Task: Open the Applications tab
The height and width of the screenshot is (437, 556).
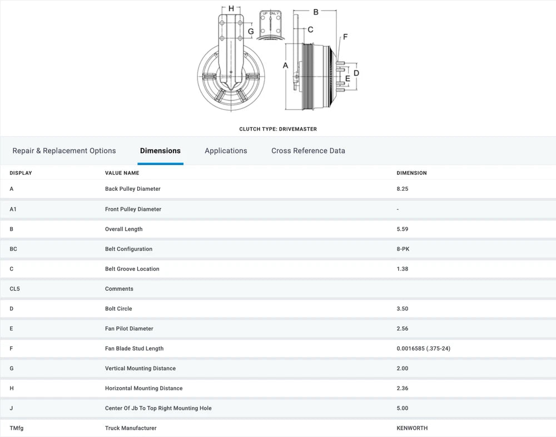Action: coord(226,151)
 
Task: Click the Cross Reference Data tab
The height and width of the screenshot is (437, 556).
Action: coord(308,151)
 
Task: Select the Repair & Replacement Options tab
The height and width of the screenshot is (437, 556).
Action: coord(64,151)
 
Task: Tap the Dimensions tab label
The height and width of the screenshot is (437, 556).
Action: coord(160,151)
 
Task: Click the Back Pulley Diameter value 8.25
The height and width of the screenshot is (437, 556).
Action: coord(403,188)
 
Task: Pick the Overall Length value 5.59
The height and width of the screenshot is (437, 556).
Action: coord(403,229)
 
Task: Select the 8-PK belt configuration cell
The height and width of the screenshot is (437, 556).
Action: coord(403,249)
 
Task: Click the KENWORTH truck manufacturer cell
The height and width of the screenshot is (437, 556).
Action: coord(412,428)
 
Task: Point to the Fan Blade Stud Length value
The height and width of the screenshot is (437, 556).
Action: coord(423,349)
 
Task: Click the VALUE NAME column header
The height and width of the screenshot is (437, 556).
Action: coord(122,173)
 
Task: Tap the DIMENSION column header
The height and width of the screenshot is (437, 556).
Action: coord(411,173)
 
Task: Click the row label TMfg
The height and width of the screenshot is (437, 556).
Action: coord(17,428)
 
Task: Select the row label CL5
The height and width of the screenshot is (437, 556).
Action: coord(14,289)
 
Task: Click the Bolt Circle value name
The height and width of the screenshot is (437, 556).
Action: coord(118,309)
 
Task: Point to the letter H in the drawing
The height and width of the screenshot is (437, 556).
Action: coord(231,8)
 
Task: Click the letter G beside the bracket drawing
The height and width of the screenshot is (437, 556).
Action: coord(251,32)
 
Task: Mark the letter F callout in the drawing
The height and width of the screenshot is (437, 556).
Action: coord(345,37)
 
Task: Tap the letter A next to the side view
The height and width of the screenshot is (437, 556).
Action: coord(285,66)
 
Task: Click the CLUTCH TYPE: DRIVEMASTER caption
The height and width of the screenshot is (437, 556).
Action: coord(278,129)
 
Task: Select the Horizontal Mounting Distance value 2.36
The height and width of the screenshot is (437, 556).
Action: coord(403,389)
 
